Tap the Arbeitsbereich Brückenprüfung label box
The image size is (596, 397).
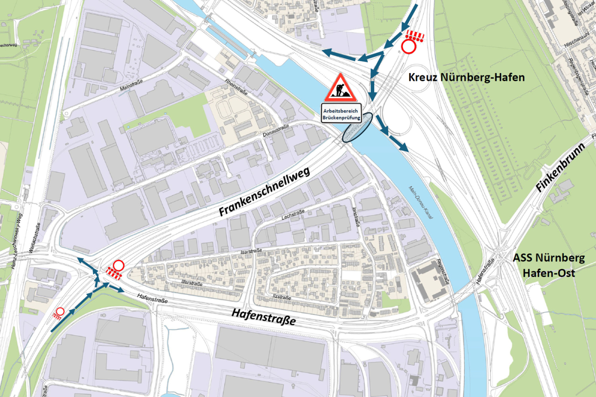(342, 114)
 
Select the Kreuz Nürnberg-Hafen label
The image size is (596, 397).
(466, 77)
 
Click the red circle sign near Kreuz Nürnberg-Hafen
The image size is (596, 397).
(408, 46)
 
